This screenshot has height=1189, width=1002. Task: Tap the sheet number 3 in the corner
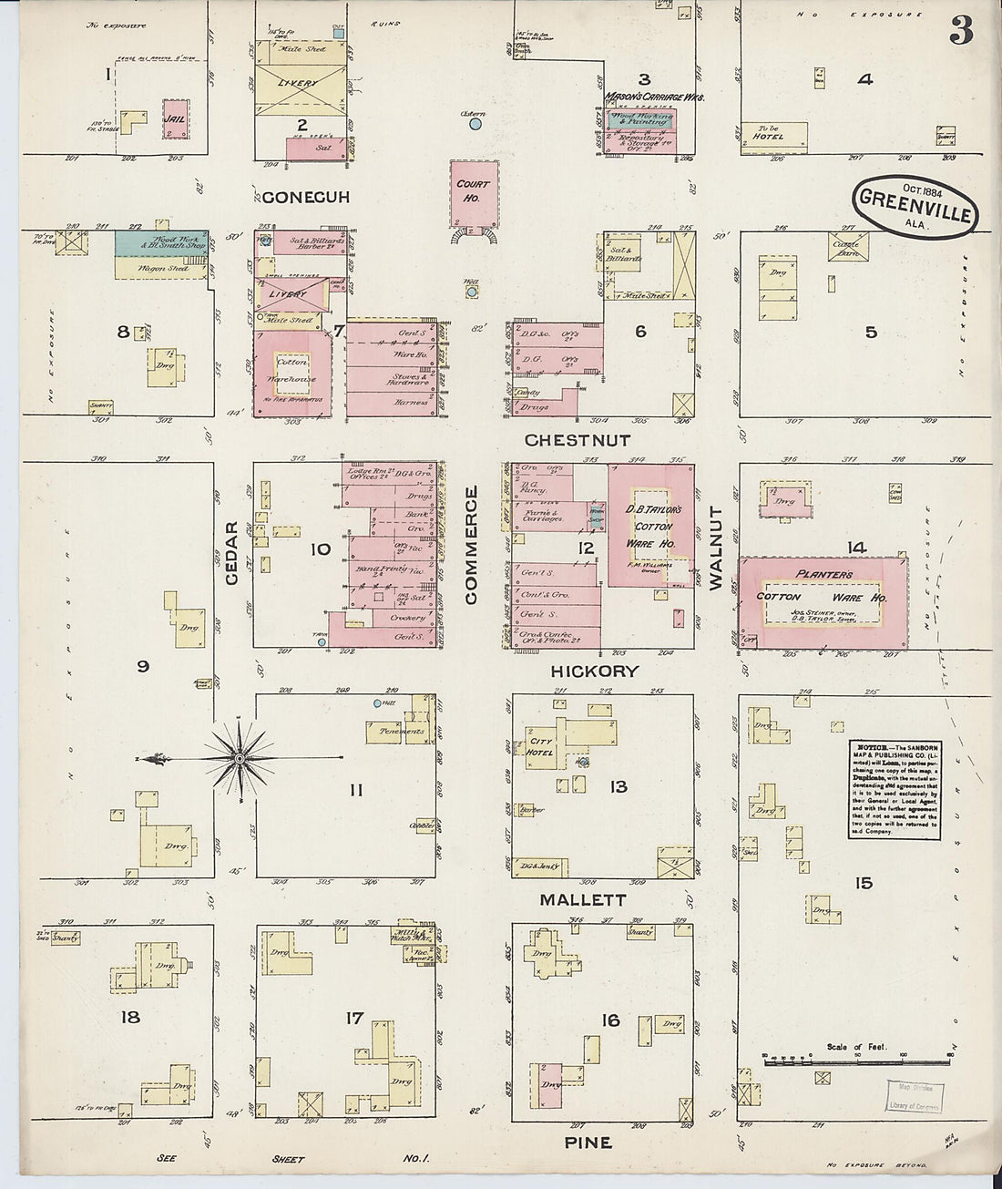[960, 32]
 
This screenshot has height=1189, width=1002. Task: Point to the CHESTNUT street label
[578, 440]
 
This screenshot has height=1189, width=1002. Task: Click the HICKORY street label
[594, 671]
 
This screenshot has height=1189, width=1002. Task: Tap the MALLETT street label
[583, 899]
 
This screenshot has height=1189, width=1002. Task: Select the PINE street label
[588, 1143]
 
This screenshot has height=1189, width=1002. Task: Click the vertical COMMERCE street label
[471, 545]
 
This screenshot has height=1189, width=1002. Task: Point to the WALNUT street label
[715, 548]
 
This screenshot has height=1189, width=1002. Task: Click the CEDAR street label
[231, 553]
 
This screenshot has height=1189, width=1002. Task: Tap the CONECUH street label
[306, 197]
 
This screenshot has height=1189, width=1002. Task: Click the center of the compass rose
[240, 757]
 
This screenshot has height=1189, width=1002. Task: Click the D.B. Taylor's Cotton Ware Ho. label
[653, 526]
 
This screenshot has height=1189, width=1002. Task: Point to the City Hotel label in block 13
[541, 747]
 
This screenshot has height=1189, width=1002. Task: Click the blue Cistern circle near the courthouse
[475, 126]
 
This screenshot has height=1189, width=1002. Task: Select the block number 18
[131, 1016]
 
